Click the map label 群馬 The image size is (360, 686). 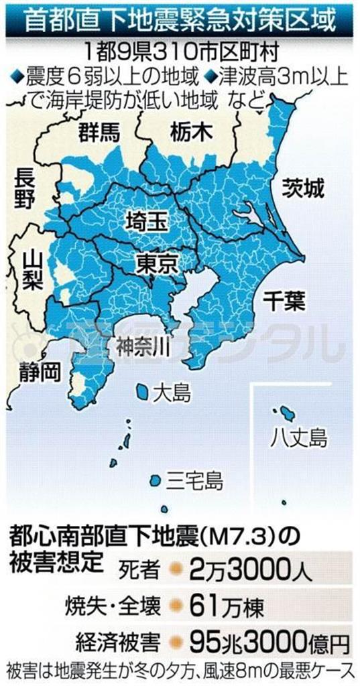(x=98, y=131)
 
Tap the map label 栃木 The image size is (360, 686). (x=186, y=131)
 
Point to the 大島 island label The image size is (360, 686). (x=171, y=392)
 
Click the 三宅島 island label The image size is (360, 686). (x=194, y=480)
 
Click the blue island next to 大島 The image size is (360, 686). (x=142, y=390)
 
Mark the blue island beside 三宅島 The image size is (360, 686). (x=155, y=480)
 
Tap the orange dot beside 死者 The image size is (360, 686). (x=174, y=570)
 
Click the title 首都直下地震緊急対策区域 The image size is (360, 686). (x=179, y=21)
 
